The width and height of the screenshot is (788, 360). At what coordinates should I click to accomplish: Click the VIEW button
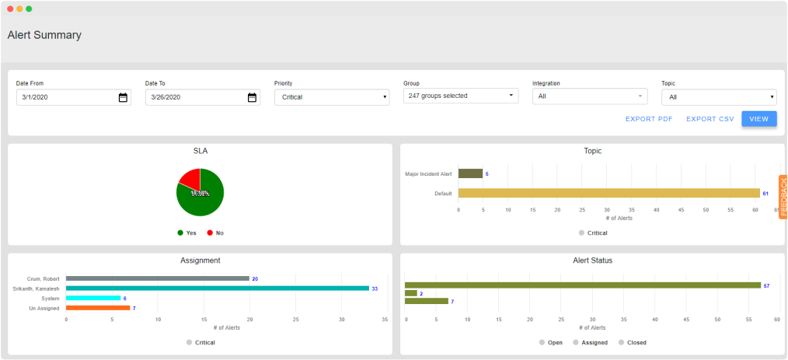tap(758, 119)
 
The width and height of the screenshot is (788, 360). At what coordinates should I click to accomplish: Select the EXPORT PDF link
tap(649, 119)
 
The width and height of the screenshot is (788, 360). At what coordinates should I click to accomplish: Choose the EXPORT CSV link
tap(710, 119)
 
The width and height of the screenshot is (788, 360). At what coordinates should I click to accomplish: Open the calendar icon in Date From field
tap(123, 97)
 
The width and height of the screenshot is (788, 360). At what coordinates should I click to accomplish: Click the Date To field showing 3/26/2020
tap(194, 97)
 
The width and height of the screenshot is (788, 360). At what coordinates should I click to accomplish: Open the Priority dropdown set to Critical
tap(331, 97)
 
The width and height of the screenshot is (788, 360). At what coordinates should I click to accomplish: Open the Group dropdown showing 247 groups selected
tap(460, 96)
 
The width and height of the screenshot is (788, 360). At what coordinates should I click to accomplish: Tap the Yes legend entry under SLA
tap(187, 232)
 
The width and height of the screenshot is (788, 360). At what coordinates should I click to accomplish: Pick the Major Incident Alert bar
tap(470, 173)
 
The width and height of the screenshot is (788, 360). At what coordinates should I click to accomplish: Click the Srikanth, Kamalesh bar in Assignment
tap(217, 288)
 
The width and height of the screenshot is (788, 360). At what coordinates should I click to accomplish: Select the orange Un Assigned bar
tap(98, 308)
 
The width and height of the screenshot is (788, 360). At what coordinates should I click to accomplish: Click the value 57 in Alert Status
tap(766, 285)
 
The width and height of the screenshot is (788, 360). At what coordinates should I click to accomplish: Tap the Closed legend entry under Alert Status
tap(633, 342)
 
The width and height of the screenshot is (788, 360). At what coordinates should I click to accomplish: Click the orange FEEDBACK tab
tap(783, 197)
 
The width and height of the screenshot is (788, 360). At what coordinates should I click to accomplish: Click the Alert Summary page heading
tap(44, 35)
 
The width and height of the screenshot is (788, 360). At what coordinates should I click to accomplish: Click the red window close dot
tap(10, 9)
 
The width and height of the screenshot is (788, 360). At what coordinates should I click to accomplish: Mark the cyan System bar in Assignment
tap(93, 298)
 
